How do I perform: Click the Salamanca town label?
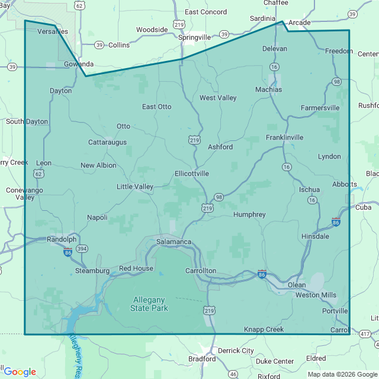coord(174,242)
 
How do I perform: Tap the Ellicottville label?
coord(192,174)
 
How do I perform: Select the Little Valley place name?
coord(135,187)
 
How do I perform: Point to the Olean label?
coord(297,285)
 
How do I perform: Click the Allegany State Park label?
coord(149,304)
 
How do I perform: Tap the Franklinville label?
coord(284,137)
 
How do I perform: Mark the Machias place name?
coord(268,90)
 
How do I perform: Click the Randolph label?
coord(63,239)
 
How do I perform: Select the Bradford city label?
coord(202,359)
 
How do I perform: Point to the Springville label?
coord(194,37)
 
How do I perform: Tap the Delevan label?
coord(274,49)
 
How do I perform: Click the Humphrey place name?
coord(249,214)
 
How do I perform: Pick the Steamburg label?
coord(92,271)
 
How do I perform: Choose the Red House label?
coord(136,268)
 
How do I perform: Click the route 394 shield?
coord(81,249)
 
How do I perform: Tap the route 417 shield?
coord(365,335)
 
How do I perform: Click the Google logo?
coord(20,372)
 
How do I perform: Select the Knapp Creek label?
coord(264,329)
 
